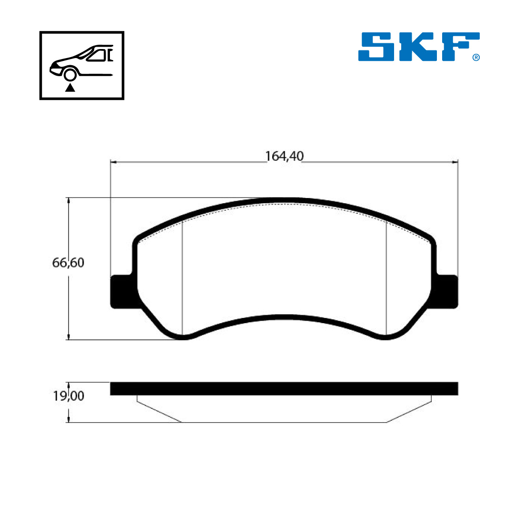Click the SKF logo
pyautogui.click(x=419, y=47)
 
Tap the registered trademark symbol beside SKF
pyautogui.click(x=476, y=58)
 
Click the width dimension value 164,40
pyautogui.click(x=284, y=156)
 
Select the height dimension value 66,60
pyautogui.click(x=68, y=263)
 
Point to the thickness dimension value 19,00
pyautogui.click(x=69, y=396)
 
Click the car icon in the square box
pyautogui.click(x=82, y=62)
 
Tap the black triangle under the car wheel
pyautogui.click(x=70, y=88)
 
